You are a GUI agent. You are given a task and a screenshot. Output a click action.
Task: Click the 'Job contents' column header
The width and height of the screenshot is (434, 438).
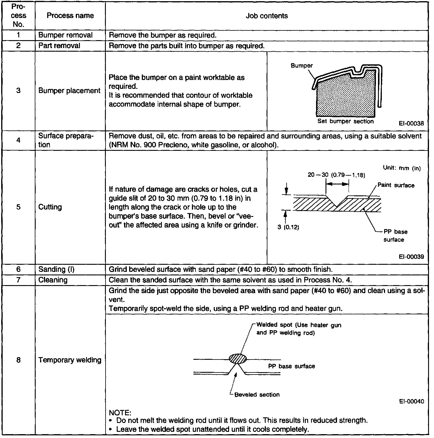tap(267, 16)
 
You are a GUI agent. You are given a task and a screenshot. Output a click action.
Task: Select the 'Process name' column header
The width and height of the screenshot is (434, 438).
tap(70, 16)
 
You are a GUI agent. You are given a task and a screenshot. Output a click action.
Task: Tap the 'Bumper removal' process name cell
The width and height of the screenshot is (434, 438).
tap(65, 35)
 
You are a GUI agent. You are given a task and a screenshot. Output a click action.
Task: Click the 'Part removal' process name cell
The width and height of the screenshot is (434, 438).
tap(59, 46)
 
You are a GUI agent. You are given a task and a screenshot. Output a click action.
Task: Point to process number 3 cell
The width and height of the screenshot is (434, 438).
tap(18, 91)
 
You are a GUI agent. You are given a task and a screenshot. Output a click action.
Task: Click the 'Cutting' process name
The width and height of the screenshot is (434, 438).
tap(50, 207)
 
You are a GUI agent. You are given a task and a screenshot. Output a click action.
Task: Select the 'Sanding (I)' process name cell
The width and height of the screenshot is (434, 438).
tap(53, 269)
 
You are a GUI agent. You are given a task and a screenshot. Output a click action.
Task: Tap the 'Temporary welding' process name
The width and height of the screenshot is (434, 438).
tap(70, 360)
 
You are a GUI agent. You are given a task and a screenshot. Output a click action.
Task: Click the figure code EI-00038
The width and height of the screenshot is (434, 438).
tap(411, 124)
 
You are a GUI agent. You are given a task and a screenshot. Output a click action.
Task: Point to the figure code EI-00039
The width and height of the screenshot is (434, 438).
tap(411, 257)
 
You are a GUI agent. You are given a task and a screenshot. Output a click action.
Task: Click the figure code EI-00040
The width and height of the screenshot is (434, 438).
tap(411, 401)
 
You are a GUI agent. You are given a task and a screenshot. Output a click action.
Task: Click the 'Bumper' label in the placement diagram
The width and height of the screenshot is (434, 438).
tap(302, 66)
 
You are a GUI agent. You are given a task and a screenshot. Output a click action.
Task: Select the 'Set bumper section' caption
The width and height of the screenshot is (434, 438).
tap(345, 121)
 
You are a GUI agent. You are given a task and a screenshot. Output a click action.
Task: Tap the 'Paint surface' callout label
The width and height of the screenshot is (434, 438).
tap(396, 185)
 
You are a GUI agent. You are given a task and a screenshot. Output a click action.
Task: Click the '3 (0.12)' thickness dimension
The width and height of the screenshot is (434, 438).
tap(288, 228)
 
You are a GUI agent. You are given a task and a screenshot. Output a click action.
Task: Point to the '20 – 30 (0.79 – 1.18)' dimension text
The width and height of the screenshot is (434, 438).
tap(336, 175)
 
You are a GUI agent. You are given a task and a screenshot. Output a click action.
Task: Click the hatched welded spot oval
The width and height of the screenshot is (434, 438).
tap(238, 359)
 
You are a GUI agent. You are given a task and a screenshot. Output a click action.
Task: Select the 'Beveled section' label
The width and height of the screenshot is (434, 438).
tap(257, 395)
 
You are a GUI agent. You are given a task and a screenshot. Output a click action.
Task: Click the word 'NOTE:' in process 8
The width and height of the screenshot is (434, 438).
tap(120, 412)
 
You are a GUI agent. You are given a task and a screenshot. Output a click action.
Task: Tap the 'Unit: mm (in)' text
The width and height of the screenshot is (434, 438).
tap(402, 168)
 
